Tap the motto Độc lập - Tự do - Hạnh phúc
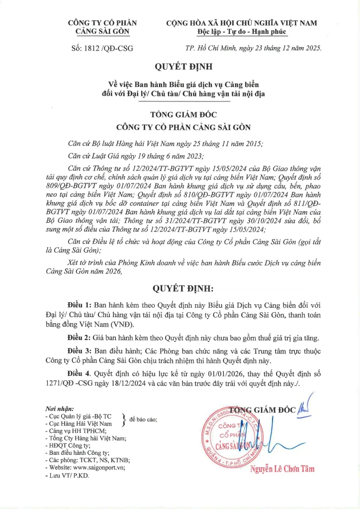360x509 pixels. click(242, 32)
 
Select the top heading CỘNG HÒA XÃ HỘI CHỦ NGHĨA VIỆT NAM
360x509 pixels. click(242, 23)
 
